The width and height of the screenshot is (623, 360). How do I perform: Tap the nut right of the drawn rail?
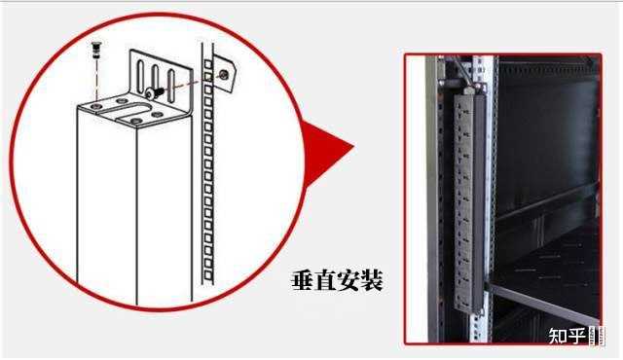(226, 73)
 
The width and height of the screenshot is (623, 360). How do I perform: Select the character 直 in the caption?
(326, 282)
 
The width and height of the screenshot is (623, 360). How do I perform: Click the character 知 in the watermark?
(558, 337)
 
